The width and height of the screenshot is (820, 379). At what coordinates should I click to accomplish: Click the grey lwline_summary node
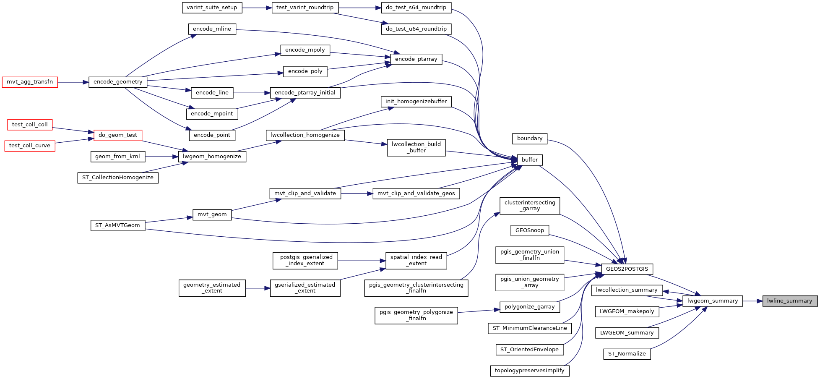click(x=790, y=301)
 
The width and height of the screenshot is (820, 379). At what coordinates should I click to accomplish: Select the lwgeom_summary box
click(x=713, y=301)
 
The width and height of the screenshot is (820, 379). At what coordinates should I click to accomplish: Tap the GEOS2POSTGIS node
click(x=627, y=269)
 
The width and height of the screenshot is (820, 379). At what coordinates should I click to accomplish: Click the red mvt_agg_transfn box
click(x=30, y=82)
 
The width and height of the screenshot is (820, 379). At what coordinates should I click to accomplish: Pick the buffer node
click(x=530, y=160)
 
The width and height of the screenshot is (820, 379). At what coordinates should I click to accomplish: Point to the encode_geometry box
click(x=118, y=82)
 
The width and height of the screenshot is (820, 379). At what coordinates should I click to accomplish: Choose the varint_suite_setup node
click(x=212, y=8)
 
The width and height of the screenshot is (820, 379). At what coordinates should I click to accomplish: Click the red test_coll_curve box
click(x=30, y=146)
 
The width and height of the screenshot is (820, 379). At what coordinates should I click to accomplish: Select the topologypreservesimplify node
click(x=530, y=371)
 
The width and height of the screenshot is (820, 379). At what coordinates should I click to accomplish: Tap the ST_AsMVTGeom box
click(x=117, y=225)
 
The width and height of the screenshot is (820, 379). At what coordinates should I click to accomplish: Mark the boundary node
click(x=530, y=139)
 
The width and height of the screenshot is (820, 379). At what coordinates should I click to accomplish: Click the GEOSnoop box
click(x=530, y=230)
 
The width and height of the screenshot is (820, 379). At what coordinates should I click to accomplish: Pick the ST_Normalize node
click(x=627, y=354)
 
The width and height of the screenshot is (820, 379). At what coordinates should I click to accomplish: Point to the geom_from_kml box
click(x=117, y=157)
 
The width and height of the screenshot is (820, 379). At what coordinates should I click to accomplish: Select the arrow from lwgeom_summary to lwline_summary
click(x=752, y=301)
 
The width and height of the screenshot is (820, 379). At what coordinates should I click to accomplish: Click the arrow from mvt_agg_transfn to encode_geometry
click(x=73, y=82)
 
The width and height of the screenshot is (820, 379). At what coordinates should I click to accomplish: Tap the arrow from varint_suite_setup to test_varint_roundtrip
click(x=257, y=8)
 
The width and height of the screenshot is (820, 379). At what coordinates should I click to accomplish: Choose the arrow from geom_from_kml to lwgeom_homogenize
click(x=161, y=157)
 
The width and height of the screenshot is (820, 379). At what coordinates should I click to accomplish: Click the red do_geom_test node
click(x=118, y=135)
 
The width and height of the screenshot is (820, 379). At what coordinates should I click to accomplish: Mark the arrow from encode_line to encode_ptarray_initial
click(x=252, y=93)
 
